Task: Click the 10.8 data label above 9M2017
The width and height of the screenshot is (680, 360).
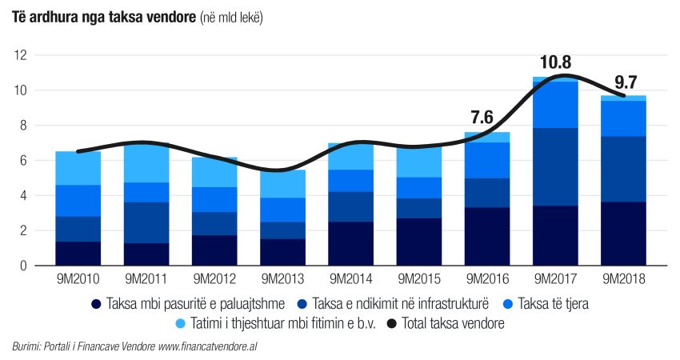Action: [556, 62]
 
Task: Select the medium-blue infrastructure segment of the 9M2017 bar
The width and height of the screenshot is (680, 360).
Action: [556, 166]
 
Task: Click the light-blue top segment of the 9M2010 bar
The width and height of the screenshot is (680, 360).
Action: [78, 168]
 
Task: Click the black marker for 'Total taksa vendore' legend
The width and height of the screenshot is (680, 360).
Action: [390, 324]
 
